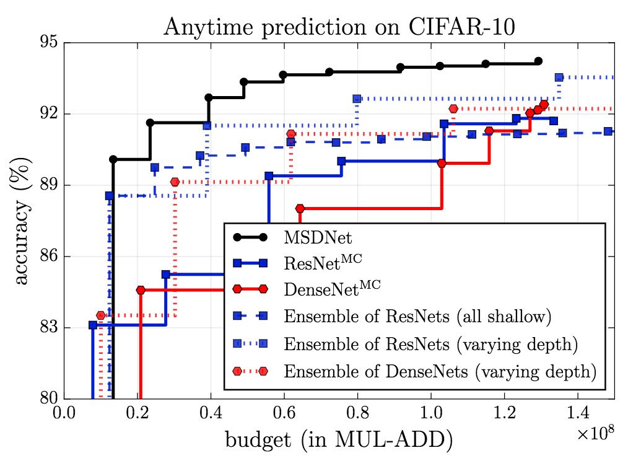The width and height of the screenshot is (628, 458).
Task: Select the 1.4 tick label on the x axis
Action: click(x=577, y=413)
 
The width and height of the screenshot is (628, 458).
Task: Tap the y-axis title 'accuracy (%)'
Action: click(x=22, y=221)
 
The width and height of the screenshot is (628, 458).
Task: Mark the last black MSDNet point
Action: click(x=538, y=61)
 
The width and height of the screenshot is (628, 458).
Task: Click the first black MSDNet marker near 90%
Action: click(x=113, y=159)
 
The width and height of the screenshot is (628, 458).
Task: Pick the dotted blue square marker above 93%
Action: click(x=559, y=77)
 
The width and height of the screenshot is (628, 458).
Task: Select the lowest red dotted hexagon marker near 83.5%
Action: click(x=101, y=315)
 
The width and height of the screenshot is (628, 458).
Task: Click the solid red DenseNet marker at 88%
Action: click(x=300, y=208)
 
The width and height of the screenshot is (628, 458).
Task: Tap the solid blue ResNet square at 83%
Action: click(x=93, y=325)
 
